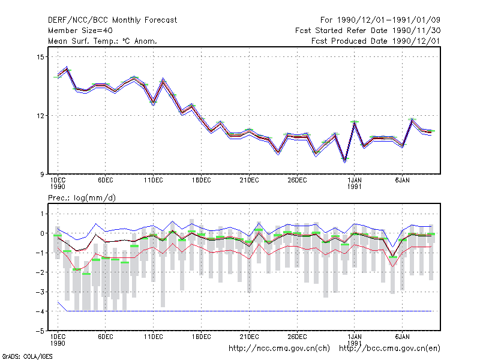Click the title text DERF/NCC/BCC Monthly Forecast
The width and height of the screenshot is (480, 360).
112,20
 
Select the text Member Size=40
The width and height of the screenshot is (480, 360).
80,31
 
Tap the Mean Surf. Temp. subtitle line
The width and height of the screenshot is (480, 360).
103,41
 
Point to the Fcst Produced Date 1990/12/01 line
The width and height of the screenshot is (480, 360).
376,41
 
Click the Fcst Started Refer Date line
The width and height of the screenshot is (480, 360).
368,31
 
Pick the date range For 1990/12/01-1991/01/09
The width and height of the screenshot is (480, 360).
380,20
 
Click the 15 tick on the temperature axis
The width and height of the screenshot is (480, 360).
40,57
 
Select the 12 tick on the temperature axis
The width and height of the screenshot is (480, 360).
40,116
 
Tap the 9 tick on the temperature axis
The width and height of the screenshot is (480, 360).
42,175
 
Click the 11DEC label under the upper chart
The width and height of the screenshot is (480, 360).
154,181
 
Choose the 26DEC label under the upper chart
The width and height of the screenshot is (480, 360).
297,181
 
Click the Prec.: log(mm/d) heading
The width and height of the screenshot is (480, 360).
82,198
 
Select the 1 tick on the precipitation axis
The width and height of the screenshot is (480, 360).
42,214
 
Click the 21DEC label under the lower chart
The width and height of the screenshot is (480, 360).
249,337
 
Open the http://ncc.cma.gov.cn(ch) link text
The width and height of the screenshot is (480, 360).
279,349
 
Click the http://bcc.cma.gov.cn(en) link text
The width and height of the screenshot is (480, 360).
389,349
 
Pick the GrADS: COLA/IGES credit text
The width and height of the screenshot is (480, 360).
27,356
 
